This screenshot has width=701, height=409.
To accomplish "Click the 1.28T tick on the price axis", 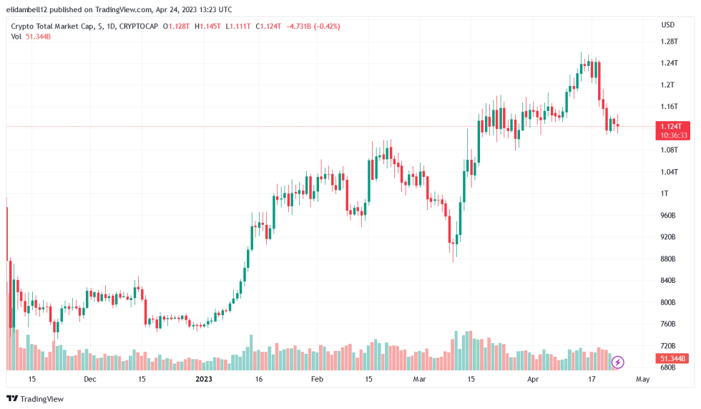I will pos(669,42).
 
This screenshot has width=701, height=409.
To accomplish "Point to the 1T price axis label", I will pos(665,193).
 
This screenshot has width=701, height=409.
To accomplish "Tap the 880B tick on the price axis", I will pos(669,259).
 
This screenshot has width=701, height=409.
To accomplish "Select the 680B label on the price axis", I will pos(669,367).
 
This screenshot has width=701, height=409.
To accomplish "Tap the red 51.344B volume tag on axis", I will pos(673,358).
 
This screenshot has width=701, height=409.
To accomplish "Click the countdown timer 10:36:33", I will pos(675,135).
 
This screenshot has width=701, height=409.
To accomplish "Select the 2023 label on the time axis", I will pos(204,379).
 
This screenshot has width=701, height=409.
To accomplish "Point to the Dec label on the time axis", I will pos(89,379).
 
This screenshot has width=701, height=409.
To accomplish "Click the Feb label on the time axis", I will pos(317,379).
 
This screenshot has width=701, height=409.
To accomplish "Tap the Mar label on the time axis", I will pos(419,379).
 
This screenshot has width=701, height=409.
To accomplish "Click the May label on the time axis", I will pos(642,379).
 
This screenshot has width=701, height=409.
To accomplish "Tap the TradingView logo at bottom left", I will pos(35,399).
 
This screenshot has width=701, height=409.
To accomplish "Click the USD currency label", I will pos(668,25).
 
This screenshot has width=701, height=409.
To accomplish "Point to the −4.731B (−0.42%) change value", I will pos(313,27).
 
